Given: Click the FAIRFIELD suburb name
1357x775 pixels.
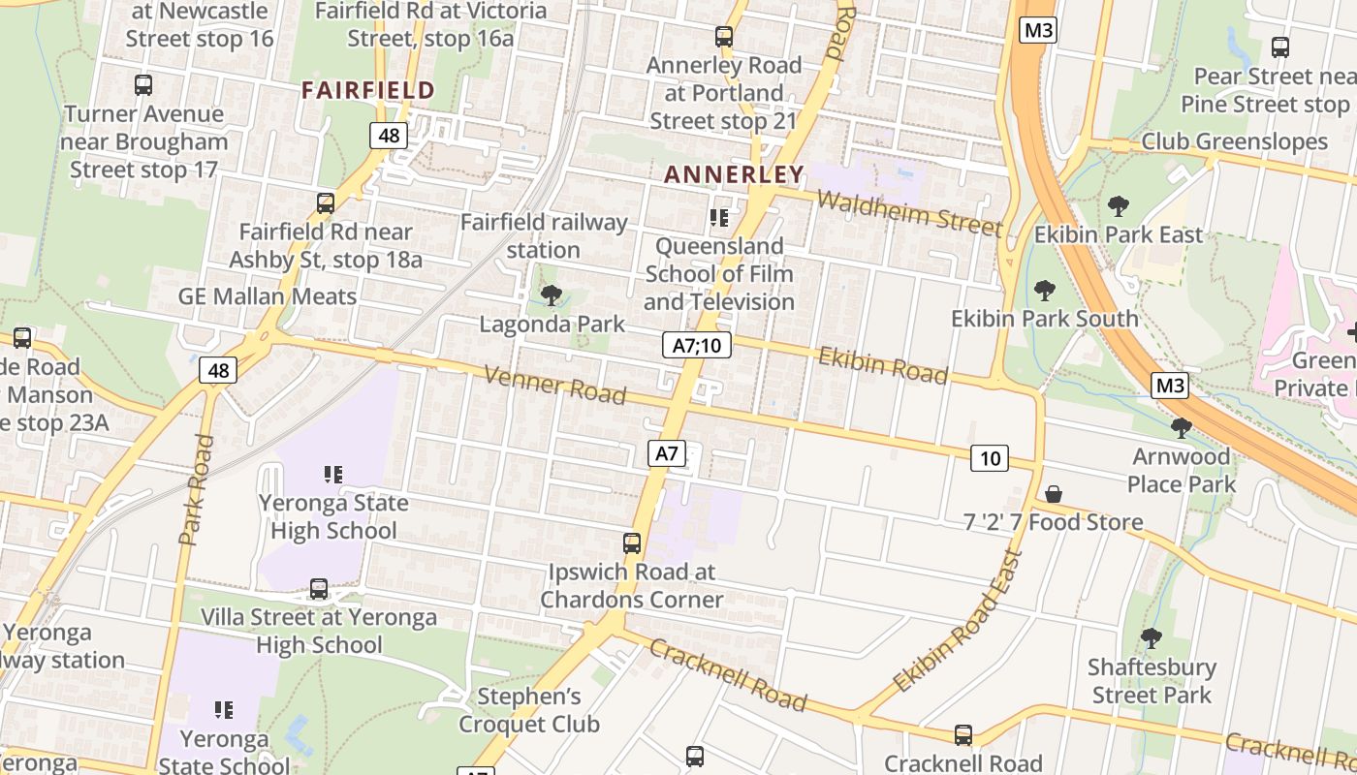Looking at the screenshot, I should pyautogui.click(x=367, y=90).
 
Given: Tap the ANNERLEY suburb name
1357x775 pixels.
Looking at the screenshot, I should pyautogui.click(x=734, y=174).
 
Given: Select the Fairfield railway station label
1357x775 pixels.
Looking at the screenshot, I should pyautogui.click(x=544, y=235).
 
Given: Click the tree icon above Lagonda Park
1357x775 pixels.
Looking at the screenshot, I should pyautogui.click(x=552, y=294).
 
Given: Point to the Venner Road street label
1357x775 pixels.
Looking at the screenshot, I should pyautogui.click(x=554, y=385).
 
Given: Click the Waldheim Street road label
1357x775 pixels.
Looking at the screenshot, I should pyautogui.click(x=909, y=213).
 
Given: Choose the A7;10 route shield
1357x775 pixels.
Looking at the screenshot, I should pyautogui.click(x=697, y=345).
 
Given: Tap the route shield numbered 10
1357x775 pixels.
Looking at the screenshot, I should pyautogui.click(x=989, y=457).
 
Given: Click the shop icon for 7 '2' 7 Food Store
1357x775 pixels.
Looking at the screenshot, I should pyautogui.click(x=1054, y=494).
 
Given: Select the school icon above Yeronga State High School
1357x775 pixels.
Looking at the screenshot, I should pyautogui.click(x=333, y=475).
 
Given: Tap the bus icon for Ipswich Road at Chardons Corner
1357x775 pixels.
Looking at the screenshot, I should pyautogui.click(x=632, y=542).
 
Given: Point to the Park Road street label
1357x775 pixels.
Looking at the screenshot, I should pyautogui.click(x=197, y=489).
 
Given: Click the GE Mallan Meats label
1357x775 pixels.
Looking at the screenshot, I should pyautogui.click(x=268, y=296).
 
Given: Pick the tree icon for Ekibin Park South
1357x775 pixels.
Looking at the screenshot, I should pyautogui.click(x=1044, y=290).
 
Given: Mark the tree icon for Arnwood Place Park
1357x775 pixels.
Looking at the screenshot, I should pyautogui.click(x=1181, y=427).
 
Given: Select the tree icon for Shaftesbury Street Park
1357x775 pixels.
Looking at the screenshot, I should pyautogui.click(x=1151, y=638).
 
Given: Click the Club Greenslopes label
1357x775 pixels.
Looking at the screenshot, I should pyautogui.click(x=1234, y=141).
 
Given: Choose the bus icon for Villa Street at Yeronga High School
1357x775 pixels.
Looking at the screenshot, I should pyautogui.click(x=319, y=588).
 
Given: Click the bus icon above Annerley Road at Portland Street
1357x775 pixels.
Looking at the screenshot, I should pyautogui.click(x=724, y=37).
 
